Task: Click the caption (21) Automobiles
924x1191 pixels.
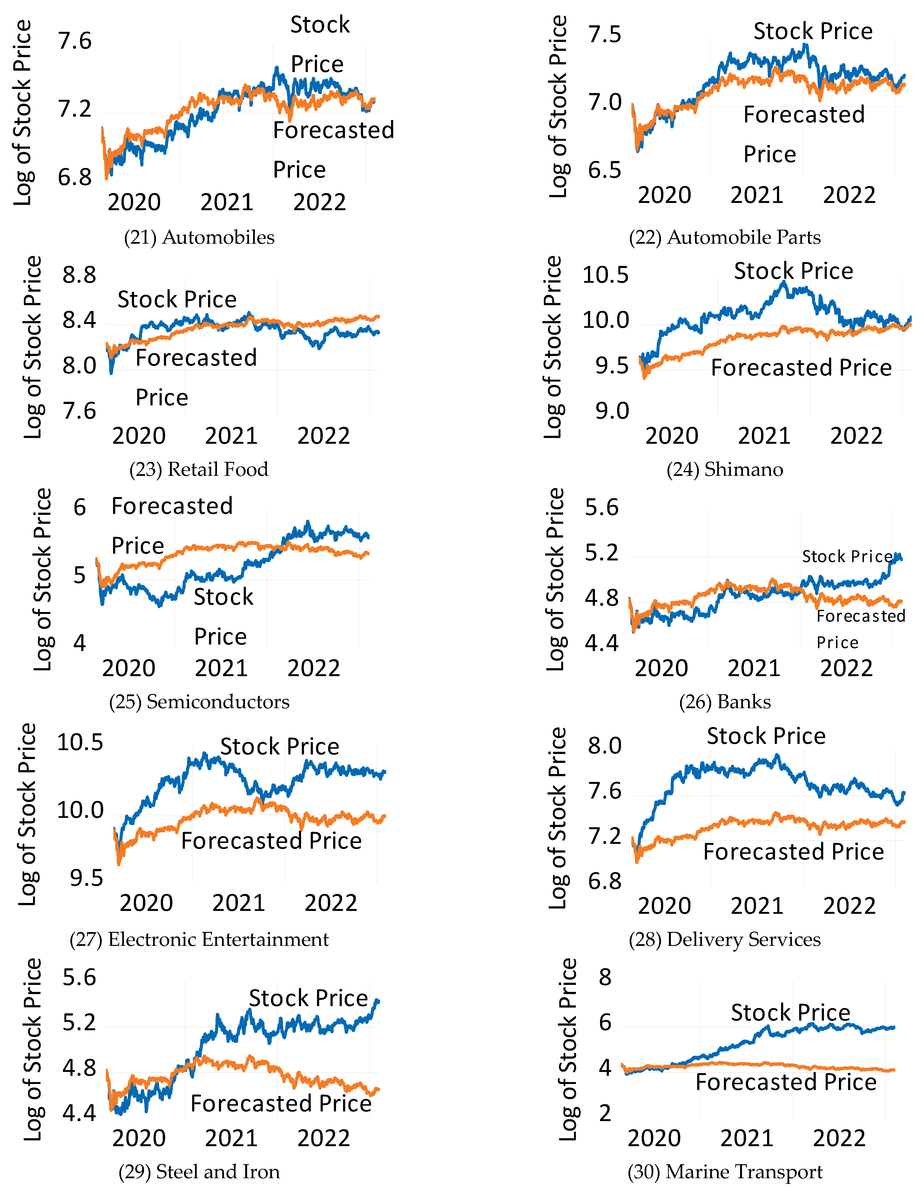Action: [199, 237]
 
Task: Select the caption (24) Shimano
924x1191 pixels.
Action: [724, 470]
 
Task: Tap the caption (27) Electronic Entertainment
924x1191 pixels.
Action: [199, 940]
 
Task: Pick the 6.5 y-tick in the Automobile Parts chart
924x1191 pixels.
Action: [604, 171]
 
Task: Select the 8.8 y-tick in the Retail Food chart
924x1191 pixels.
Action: [79, 275]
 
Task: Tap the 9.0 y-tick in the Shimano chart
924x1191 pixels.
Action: [612, 411]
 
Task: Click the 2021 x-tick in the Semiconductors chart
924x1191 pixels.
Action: [221, 669]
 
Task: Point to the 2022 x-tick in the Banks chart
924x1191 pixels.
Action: [846, 669]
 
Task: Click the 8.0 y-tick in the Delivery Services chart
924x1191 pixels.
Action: [604, 746]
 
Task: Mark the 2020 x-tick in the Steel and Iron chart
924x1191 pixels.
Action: [139, 1139]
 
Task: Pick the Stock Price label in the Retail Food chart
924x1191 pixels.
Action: [177, 299]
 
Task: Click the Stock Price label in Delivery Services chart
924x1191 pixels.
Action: [766, 736]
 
